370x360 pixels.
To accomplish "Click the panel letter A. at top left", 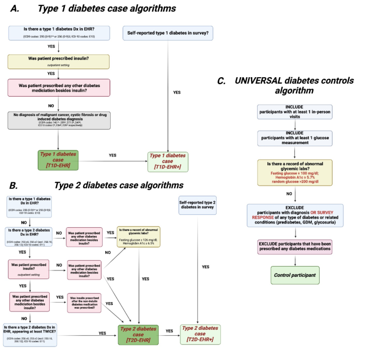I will click(x=13, y=9).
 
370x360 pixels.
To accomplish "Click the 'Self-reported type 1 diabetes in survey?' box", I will click(x=167, y=32).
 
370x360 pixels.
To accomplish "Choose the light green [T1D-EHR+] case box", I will click(x=170, y=161).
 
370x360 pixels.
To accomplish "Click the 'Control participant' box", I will click(x=295, y=276).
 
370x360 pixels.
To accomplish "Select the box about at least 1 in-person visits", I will click(x=295, y=112).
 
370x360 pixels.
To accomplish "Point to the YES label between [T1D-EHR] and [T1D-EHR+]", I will click(x=112, y=155).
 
